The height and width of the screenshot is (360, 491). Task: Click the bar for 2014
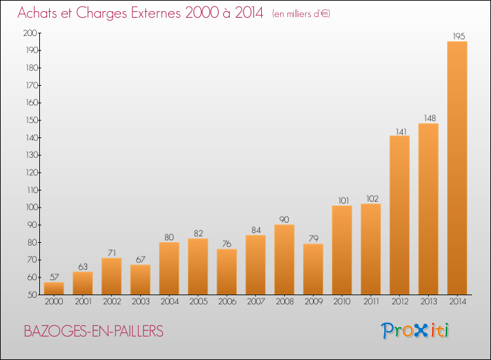click(x=457, y=168)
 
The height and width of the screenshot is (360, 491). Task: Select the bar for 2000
click(x=54, y=288)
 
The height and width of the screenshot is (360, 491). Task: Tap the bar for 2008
click(x=284, y=259)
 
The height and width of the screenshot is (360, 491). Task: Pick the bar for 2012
click(x=399, y=215)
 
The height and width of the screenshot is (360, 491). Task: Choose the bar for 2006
click(x=227, y=272)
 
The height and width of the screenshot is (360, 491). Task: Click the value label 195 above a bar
click(x=457, y=36)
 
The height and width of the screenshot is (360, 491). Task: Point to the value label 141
click(x=399, y=130)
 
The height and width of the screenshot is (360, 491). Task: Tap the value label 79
click(x=313, y=238)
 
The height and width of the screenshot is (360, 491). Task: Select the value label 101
click(x=342, y=200)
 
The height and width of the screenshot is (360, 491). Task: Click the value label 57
click(x=54, y=277)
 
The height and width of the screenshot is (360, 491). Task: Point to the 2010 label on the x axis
click(x=342, y=302)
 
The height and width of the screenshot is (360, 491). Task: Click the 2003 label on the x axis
click(x=140, y=302)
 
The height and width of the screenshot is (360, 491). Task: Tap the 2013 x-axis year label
click(x=428, y=302)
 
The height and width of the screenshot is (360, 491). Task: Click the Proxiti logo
click(x=416, y=331)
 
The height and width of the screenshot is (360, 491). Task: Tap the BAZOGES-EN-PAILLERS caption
click(x=94, y=331)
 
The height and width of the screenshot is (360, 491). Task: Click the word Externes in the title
click(x=158, y=12)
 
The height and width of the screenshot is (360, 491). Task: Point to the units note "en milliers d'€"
click(x=301, y=14)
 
